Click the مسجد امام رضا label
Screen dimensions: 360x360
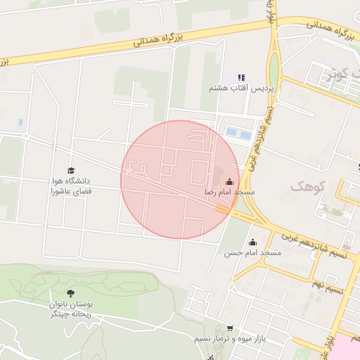click(x=230, y=192)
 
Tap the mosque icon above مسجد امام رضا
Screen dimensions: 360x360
click(x=229, y=181)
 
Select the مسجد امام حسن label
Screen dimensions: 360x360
click(x=252, y=252)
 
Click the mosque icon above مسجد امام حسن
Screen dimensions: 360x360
click(x=252, y=243)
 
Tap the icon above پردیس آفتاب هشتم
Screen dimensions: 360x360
click(x=240, y=78)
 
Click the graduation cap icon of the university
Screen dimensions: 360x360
click(x=70, y=170)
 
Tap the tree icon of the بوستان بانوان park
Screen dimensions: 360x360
click(x=70, y=293)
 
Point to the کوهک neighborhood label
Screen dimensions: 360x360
click(x=303, y=186)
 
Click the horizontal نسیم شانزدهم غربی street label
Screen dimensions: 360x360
click(x=317, y=247)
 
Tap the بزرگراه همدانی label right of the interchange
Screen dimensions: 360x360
click(x=328, y=31)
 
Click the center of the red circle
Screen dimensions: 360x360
click(x=181, y=179)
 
